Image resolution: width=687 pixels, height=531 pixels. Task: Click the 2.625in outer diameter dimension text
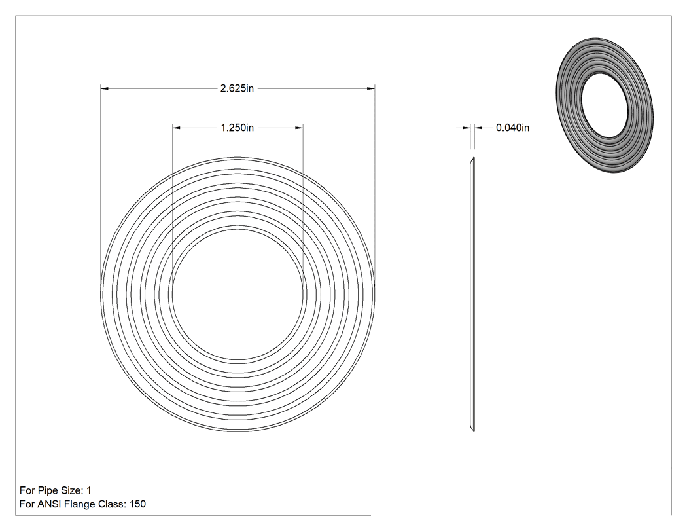coord(237,88)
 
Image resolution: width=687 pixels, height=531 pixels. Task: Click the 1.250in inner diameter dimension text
coord(237,128)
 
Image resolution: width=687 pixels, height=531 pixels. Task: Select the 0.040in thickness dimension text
coord(512,128)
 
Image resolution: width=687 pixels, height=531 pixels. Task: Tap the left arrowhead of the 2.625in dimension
coord(105,88)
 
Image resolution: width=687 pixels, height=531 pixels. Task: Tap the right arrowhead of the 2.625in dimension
coord(371,88)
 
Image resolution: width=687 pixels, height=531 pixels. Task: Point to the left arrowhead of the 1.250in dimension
coord(177,128)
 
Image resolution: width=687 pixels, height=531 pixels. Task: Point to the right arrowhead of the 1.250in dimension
coord(299,128)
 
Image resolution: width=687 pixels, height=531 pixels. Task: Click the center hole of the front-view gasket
coord(238,294)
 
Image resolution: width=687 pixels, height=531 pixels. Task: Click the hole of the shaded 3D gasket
coord(607,105)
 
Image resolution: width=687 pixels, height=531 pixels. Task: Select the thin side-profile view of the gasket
coord(472,294)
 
